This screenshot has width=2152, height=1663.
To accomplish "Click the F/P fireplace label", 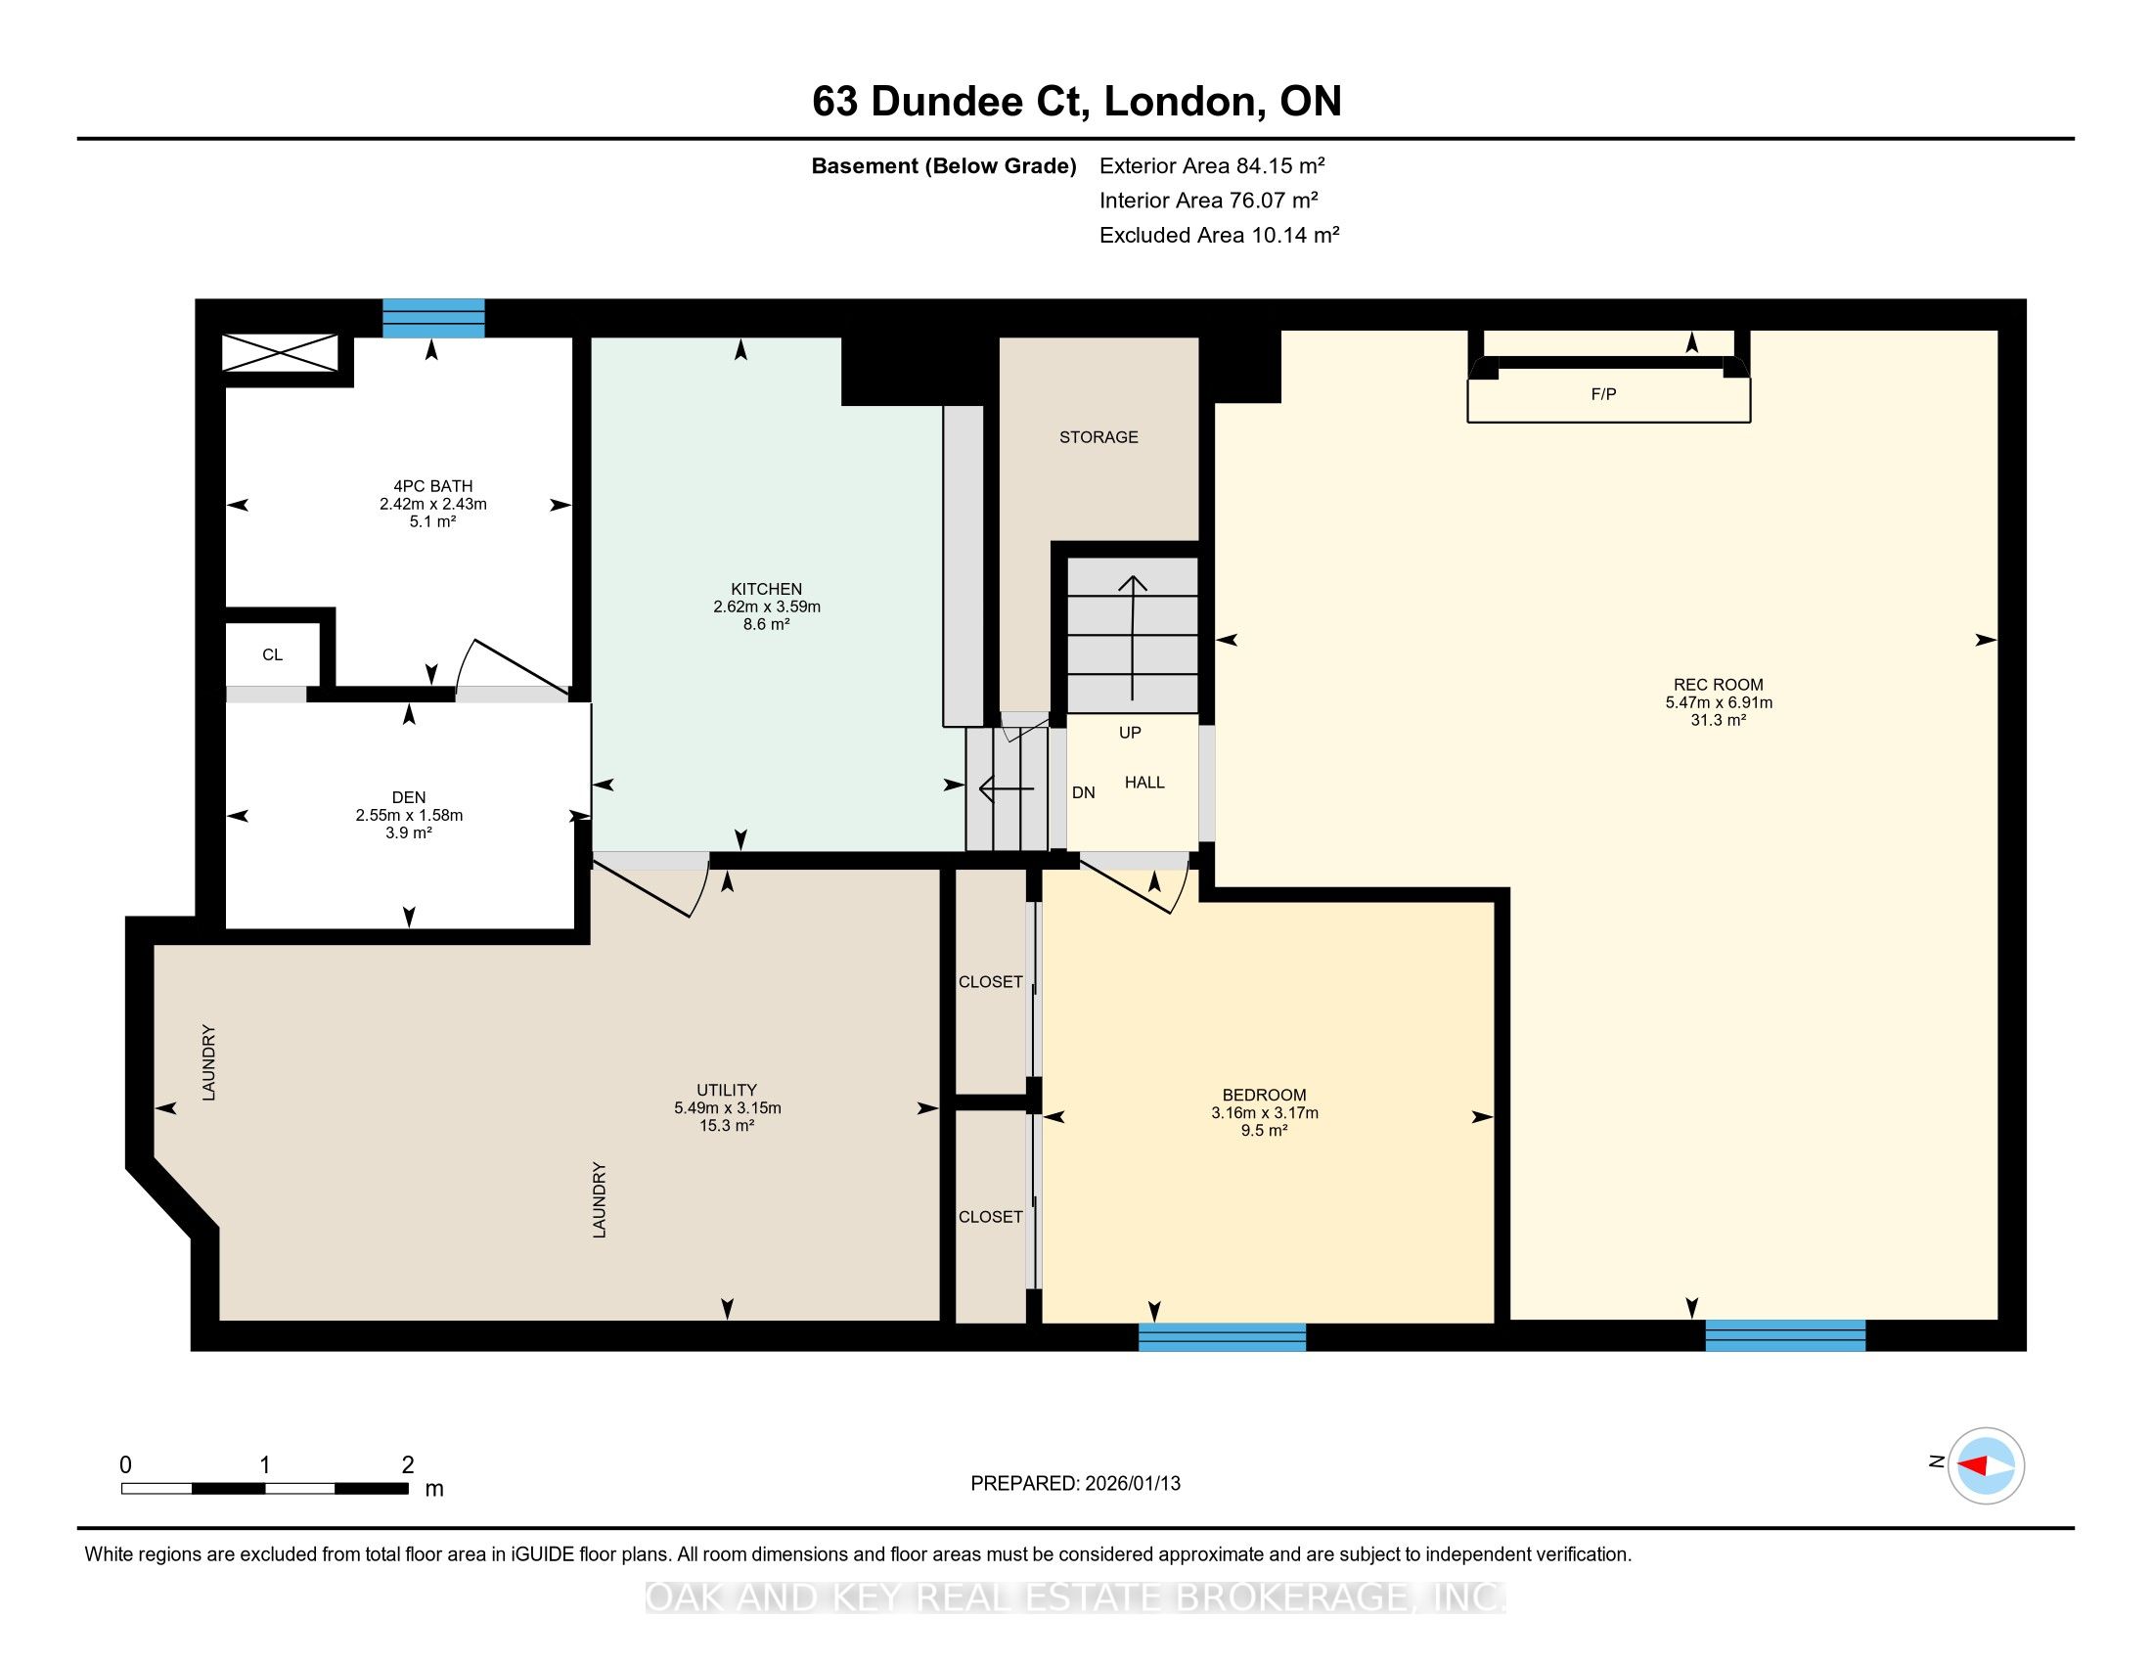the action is click(1603, 394).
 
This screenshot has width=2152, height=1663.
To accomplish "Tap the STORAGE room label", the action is click(1098, 436).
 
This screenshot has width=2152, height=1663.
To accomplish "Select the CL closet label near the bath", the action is click(272, 654).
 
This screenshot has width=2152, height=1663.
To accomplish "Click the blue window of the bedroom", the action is click(1222, 1336).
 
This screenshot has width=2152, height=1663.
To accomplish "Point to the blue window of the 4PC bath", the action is click(433, 318).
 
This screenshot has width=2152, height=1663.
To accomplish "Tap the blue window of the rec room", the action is click(1785, 1335).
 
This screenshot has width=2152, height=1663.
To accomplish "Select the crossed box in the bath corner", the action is click(280, 353).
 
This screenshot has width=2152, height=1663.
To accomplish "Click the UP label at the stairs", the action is click(1130, 733).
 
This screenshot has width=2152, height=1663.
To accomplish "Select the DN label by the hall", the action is click(1083, 793).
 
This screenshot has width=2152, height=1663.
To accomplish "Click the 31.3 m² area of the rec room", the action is click(1719, 720).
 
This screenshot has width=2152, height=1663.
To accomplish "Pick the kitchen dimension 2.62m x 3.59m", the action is click(767, 607).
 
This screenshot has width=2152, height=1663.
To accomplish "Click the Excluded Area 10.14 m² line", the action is click(1219, 235).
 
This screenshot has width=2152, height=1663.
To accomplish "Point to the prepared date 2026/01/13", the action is click(1131, 1483).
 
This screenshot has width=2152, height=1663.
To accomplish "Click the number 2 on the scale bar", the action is click(408, 1465).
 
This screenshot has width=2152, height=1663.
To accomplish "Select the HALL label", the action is click(1145, 783).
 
